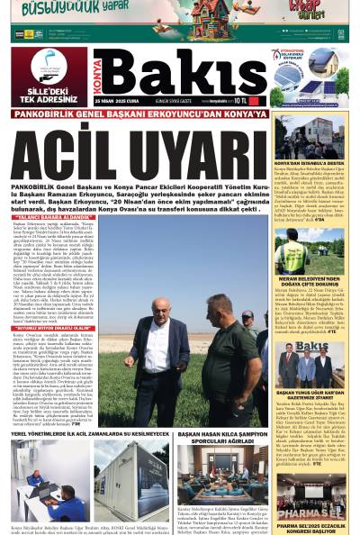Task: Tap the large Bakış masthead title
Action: click(x=180, y=77)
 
